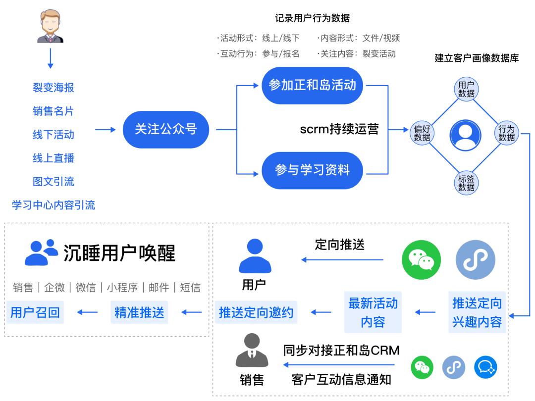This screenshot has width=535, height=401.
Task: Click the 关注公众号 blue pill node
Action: point(166,130)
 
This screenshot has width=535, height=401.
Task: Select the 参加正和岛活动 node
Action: point(312,85)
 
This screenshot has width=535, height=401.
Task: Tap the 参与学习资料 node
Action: point(312,170)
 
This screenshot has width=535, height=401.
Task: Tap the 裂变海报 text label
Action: point(53,88)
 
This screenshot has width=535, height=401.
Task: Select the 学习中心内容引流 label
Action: point(53,205)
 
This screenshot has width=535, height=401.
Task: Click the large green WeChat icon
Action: point(421,259)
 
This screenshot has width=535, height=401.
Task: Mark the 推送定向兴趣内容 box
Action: point(477,312)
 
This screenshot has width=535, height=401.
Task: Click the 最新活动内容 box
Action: point(373,312)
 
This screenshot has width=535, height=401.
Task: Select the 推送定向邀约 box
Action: point(256,313)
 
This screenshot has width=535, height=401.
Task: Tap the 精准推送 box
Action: point(139,313)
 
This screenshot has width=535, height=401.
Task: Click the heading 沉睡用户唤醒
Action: point(119,253)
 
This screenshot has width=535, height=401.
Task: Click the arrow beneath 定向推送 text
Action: point(343,259)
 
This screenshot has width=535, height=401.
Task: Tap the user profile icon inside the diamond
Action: point(465,135)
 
